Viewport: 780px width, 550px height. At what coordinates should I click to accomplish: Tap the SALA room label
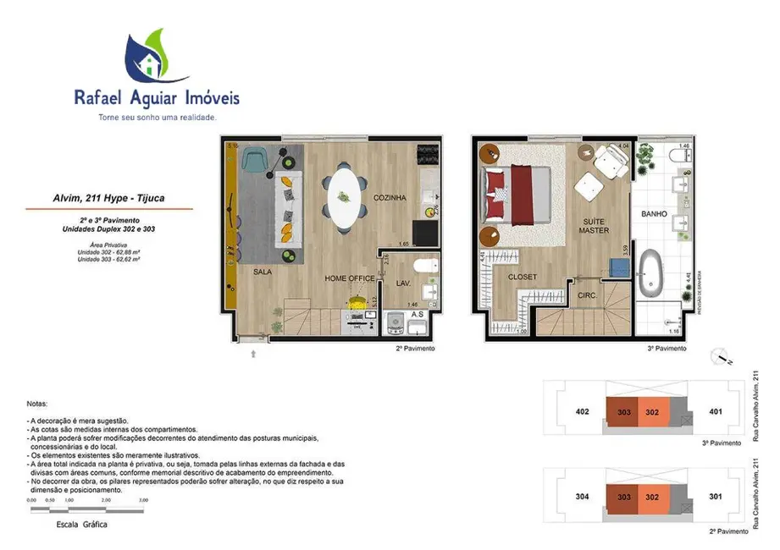(x=263, y=272)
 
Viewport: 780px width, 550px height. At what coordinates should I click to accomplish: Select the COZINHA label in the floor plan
(x=390, y=198)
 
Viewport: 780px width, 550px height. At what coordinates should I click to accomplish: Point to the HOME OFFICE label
(x=350, y=278)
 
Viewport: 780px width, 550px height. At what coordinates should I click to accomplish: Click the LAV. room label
(x=404, y=283)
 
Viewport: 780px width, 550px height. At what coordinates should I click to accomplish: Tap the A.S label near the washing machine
(x=417, y=314)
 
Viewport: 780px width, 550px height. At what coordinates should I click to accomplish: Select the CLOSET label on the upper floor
(x=523, y=277)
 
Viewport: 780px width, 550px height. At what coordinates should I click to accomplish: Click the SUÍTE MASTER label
(x=595, y=226)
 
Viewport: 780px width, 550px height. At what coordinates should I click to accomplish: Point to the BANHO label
(x=656, y=214)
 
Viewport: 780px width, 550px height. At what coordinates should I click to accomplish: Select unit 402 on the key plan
(x=582, y=412)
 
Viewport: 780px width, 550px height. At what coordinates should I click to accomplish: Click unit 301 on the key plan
(x=715, y=497)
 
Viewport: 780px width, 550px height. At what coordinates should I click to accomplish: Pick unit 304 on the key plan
(x=582, y=497)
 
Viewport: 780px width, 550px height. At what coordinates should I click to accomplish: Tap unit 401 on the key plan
(x=715, y=412)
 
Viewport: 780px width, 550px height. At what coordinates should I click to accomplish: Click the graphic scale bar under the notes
(x=87, y=509)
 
